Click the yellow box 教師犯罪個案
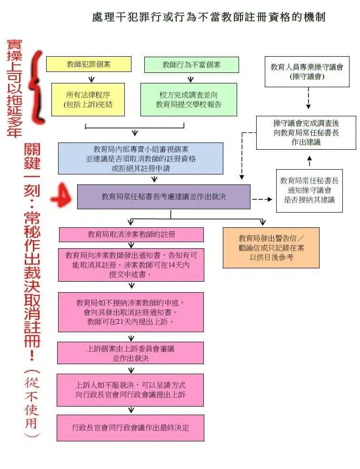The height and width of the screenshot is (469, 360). pos(89,64)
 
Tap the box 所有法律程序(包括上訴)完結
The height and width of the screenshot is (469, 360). pos(88,99)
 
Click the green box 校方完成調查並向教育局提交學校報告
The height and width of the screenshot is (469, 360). pos(189,100)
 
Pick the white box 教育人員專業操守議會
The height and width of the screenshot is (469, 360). pos(307,72)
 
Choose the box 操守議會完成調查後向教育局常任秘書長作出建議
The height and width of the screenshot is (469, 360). pos(306,133)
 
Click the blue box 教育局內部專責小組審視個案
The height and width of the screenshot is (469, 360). pos(140,158)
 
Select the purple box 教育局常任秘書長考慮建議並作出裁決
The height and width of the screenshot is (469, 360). pos(163,196)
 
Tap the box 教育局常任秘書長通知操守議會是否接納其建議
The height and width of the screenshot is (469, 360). pos(309,190)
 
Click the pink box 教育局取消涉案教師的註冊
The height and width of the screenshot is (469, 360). pos(131,234)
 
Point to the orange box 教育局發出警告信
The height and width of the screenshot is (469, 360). pos(271,247)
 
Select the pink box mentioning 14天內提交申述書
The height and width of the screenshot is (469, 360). pos(131,265)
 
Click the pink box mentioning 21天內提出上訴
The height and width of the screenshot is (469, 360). pos(131,312)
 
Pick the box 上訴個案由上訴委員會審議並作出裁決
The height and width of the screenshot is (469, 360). pos(130,353)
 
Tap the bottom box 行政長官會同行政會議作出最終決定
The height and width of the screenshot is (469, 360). pos(130,428)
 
